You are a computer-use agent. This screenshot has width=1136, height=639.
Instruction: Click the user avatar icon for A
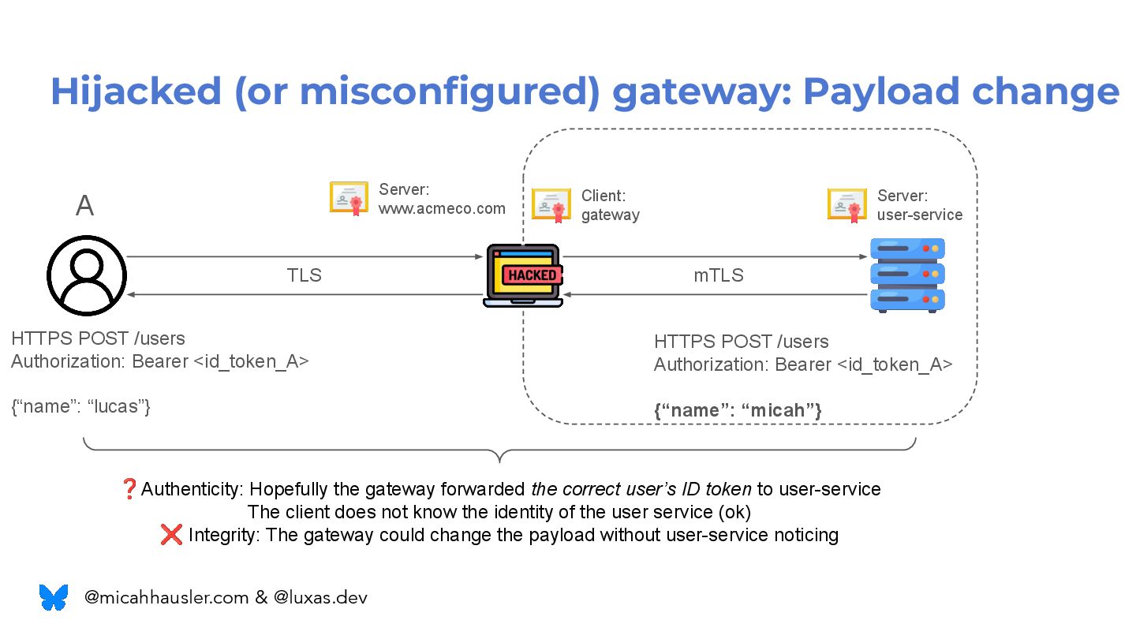[x=87, y=275]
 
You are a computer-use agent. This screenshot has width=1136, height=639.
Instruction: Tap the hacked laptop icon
[x=523, y=275]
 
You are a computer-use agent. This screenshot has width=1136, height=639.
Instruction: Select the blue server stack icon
[x=907, y=275]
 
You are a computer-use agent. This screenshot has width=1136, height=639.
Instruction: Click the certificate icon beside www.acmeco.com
[x=349, y=198]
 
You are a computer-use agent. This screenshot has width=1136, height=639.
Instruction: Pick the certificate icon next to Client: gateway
[x=551, y=204]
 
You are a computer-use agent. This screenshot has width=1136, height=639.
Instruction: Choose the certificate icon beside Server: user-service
[x=847, y=204]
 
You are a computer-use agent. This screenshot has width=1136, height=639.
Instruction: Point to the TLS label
[x=304, y=275]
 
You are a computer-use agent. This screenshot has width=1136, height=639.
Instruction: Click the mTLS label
[x=718, y=275]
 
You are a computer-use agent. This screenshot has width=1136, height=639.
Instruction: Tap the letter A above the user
[x=84, y=206]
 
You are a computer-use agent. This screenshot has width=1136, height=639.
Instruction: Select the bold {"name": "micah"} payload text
[x=738, y=410]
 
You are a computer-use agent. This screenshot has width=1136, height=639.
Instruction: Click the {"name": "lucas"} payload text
[x=80, y=407]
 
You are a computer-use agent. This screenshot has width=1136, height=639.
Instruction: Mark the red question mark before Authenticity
[x=129, y=489]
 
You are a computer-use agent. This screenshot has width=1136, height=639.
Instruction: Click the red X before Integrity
[x=171, y=535]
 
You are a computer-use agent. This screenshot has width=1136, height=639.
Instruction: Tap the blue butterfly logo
[x=54, y=597]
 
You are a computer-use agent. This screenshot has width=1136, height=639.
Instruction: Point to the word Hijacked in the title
[x=136, y=92]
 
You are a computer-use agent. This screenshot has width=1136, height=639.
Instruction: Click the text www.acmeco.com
[x=442, y=208]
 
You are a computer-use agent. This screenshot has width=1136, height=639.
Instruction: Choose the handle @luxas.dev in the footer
[x=320, y=597]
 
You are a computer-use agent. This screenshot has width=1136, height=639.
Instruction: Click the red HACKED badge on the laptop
[x=532, y=275]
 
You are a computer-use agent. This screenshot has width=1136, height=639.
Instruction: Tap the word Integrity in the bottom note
[x=223, y=535]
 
